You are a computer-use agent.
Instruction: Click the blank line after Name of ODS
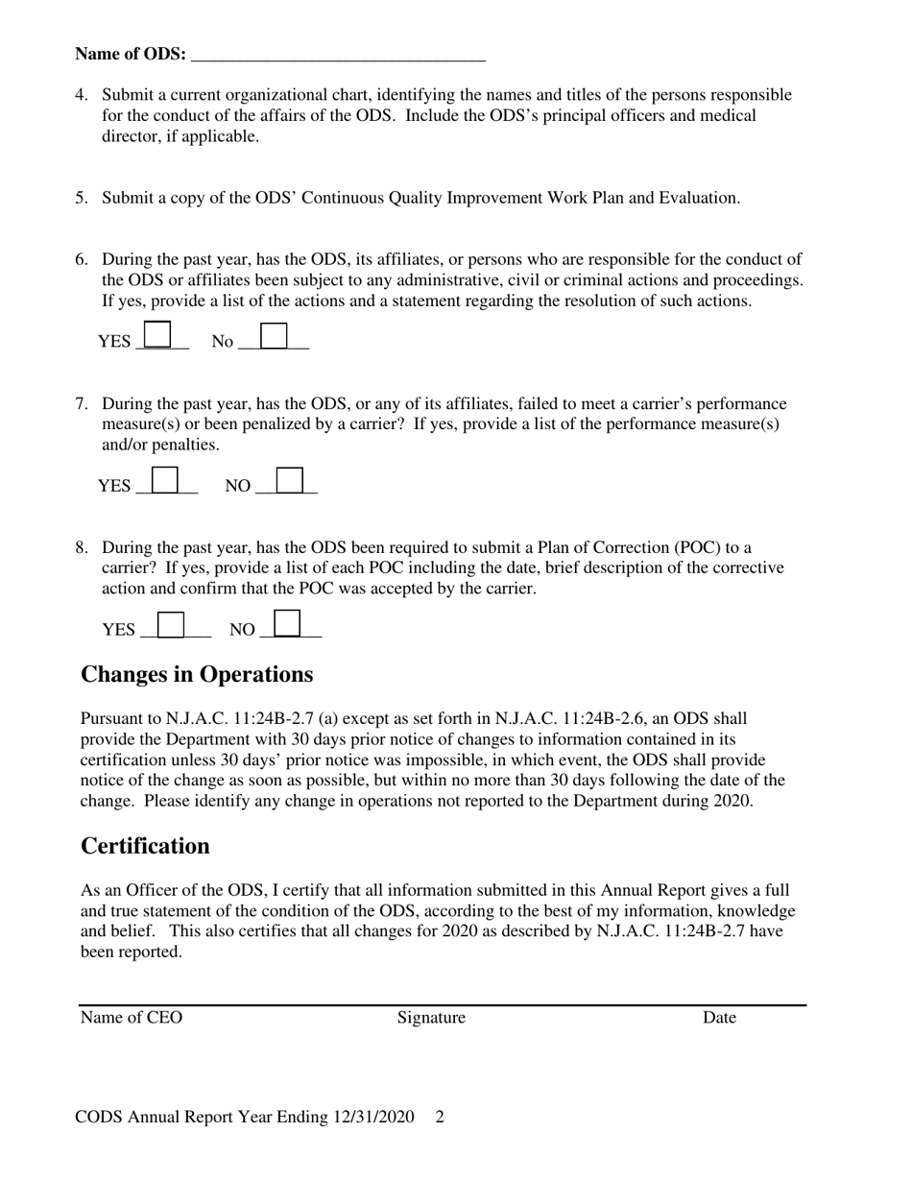tap(338, 56)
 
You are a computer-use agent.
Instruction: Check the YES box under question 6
tap(157, 335)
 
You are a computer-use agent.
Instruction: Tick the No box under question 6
tap(274, 335)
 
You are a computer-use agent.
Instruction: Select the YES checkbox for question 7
tap(165, 480)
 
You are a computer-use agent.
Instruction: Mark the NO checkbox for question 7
tap(290, 480)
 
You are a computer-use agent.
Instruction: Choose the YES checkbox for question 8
tap(170, 624)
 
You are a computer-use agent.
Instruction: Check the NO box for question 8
tap(288, 624)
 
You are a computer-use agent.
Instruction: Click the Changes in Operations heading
tap(197, 675)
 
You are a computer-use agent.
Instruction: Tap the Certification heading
tap(145, 846)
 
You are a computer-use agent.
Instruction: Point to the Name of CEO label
tap(131, 1018)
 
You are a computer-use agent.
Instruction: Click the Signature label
tap(431, 1018)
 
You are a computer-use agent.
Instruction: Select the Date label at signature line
tap(719, 1018)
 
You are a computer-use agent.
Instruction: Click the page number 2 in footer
tap(440, 1118)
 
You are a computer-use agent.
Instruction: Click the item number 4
tap(81, 95)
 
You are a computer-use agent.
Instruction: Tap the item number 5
tap(81, 199)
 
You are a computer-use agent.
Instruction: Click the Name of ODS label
tap(131, 55)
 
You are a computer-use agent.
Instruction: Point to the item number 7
tap(81, 404)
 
